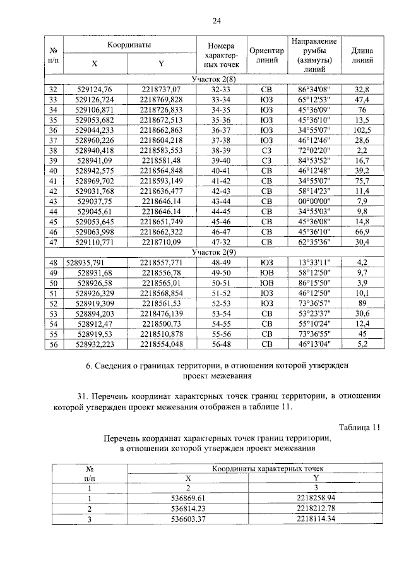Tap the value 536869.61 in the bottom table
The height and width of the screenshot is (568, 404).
coord(189,499)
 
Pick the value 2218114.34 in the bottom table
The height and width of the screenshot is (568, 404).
coord(314,519)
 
